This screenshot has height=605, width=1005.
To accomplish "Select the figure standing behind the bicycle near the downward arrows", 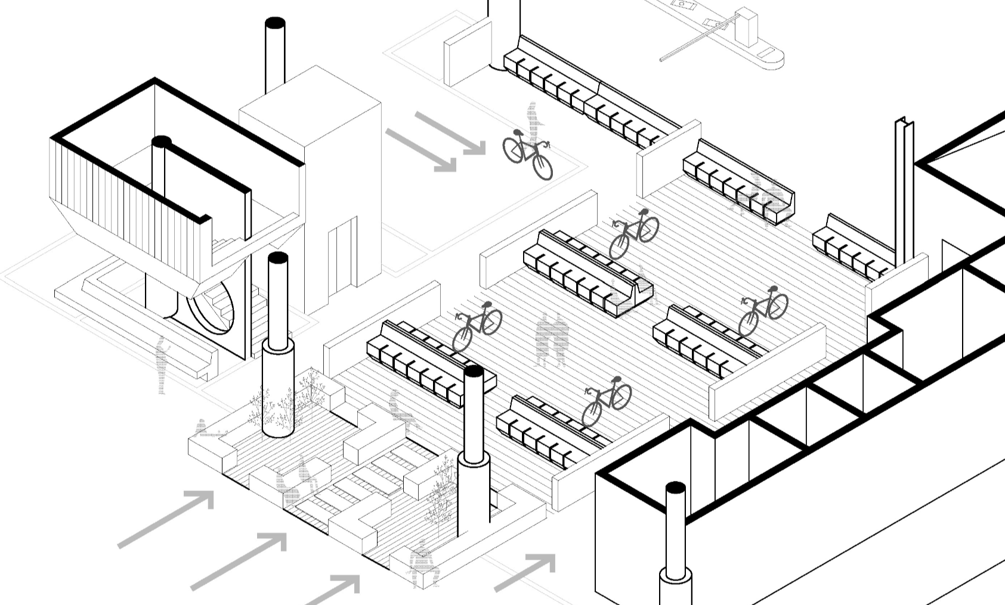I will (x=533, y=122).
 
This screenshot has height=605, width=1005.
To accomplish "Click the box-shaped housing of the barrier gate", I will (x=745, y=26).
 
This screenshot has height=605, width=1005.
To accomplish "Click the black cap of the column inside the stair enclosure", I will (x=161, y=142).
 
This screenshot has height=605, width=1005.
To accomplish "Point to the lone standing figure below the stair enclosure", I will (x=161, y=364).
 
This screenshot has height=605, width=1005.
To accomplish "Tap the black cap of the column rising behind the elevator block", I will (x=274, y=23).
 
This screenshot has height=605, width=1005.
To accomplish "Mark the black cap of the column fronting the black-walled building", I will (x=675, y=488).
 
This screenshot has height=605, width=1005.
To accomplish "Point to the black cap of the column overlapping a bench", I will (x=474, y=372).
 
